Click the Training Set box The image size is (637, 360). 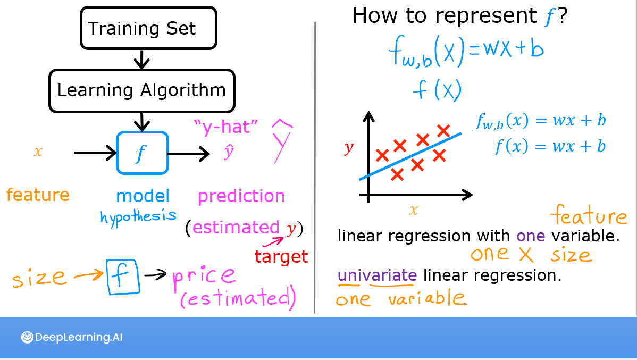point(148,28)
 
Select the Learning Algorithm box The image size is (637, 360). point(141,90)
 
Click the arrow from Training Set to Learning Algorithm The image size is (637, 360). point(141,59)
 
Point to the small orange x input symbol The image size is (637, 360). point(38,152)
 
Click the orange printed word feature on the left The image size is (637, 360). point(38,195)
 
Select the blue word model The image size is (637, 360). point(143,196)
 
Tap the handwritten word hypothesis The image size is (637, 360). point(138,215)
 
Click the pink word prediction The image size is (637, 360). point(241,196)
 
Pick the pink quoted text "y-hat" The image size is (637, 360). point(227,128)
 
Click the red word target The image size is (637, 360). point(281,257)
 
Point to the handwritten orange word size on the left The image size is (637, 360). point(39,278)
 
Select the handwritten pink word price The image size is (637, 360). point(204,275)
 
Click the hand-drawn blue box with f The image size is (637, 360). point(122,276)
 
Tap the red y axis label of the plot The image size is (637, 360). point(349,148)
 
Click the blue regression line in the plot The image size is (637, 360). point(409,157)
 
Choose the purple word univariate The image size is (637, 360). point(378,275)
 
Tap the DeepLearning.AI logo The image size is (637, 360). point(72,337)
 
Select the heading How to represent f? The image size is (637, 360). point(460,16)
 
